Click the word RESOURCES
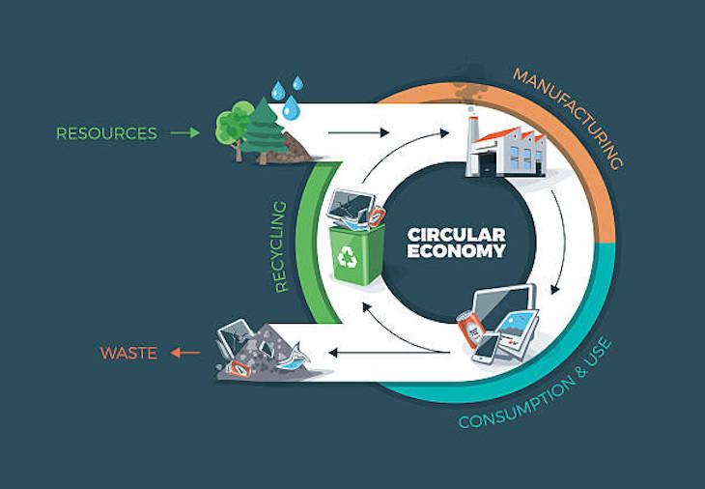click(x=106, y=133)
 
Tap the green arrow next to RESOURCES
click(x=184, y=133)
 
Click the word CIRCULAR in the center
click(x=456, y=235)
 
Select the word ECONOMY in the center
click(x=456, y=252)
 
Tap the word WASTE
click(x=128, y=354)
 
